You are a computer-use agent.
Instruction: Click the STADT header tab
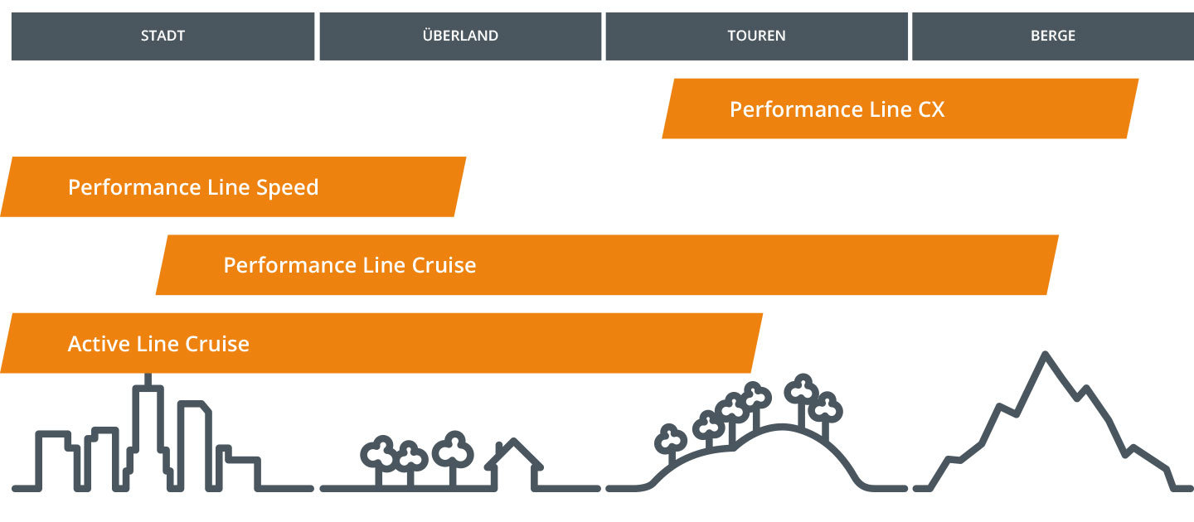pyautogui.click(x=163, y=36)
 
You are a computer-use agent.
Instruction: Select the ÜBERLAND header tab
pyautogui.click(x=460, y=36)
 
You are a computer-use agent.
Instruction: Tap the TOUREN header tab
pyautogui.click(x=756, y=36)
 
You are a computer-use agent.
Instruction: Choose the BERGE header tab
pyautogui.click(x=1052, y=36)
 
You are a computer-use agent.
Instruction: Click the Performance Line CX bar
pyautogui.click(x=900, y=109)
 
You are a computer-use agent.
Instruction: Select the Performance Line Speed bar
pyautogui.click(x=232, y=186)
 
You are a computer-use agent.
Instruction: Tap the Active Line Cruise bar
pyautogui.click(x=381, y=343)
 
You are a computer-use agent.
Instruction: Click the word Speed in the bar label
pyautogui.click(x=287, y=187)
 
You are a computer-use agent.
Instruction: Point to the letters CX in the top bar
pyautogui.click(x=931, y=109)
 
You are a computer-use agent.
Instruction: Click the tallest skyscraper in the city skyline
pyautogui.click(x=148, y=435)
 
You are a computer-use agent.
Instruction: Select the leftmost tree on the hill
pyautogui.click(x=670, y=441)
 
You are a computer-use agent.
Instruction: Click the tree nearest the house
pyautogui.click(x=453, y=452)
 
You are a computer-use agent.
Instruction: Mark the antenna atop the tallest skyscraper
pyautogui.click(x=148, y=379)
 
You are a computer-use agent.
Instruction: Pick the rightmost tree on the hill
pyautogui.click(x=825, y=408)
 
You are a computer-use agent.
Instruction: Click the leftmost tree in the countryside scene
pyautogui.click(x=379, y=454)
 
